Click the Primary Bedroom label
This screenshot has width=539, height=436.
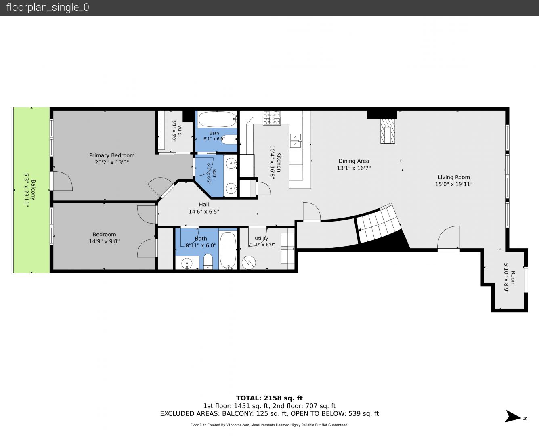point(112,155)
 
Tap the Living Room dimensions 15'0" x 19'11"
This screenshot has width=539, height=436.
point(454,184)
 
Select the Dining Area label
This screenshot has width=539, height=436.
point(354,161)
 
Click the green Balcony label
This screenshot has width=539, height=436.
point(33,190)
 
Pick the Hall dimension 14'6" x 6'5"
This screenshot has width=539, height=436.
point(204,212)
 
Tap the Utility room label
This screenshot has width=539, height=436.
point(261,238)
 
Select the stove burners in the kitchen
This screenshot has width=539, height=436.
point(272,118)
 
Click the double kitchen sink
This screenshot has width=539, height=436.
point(295,141)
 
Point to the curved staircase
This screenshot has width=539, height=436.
point(379,225)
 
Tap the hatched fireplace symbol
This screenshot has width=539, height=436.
point(388,131)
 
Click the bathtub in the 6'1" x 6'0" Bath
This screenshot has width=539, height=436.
point(218,119)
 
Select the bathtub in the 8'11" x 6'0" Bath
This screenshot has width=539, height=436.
point(228,250)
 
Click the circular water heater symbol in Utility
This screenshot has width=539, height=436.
point(248,262)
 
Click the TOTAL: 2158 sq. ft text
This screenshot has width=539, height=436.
point(269,398)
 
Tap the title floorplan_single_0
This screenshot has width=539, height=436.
point(48,7)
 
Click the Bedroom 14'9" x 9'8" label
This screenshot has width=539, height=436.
point(104,238)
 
